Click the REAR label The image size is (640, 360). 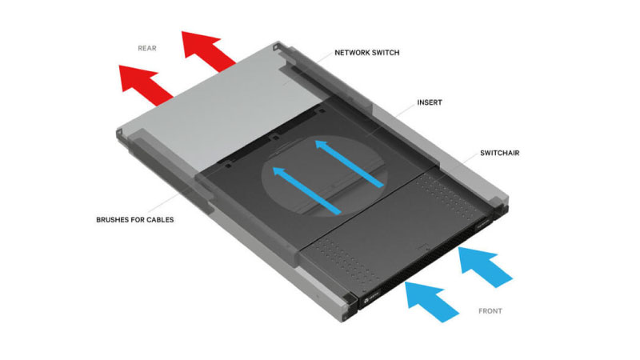147,48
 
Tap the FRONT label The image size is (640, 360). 490,311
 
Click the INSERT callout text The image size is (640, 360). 430,102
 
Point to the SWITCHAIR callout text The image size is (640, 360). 499,153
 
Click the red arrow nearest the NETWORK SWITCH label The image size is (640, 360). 208,51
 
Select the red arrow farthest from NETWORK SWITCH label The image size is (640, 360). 146,86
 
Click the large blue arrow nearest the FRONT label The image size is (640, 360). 432,302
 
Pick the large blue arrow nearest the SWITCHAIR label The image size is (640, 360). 486,267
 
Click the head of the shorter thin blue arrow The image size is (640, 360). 279,172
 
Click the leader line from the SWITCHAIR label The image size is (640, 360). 470,158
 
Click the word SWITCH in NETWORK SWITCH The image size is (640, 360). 386,53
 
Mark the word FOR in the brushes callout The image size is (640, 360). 136,219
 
